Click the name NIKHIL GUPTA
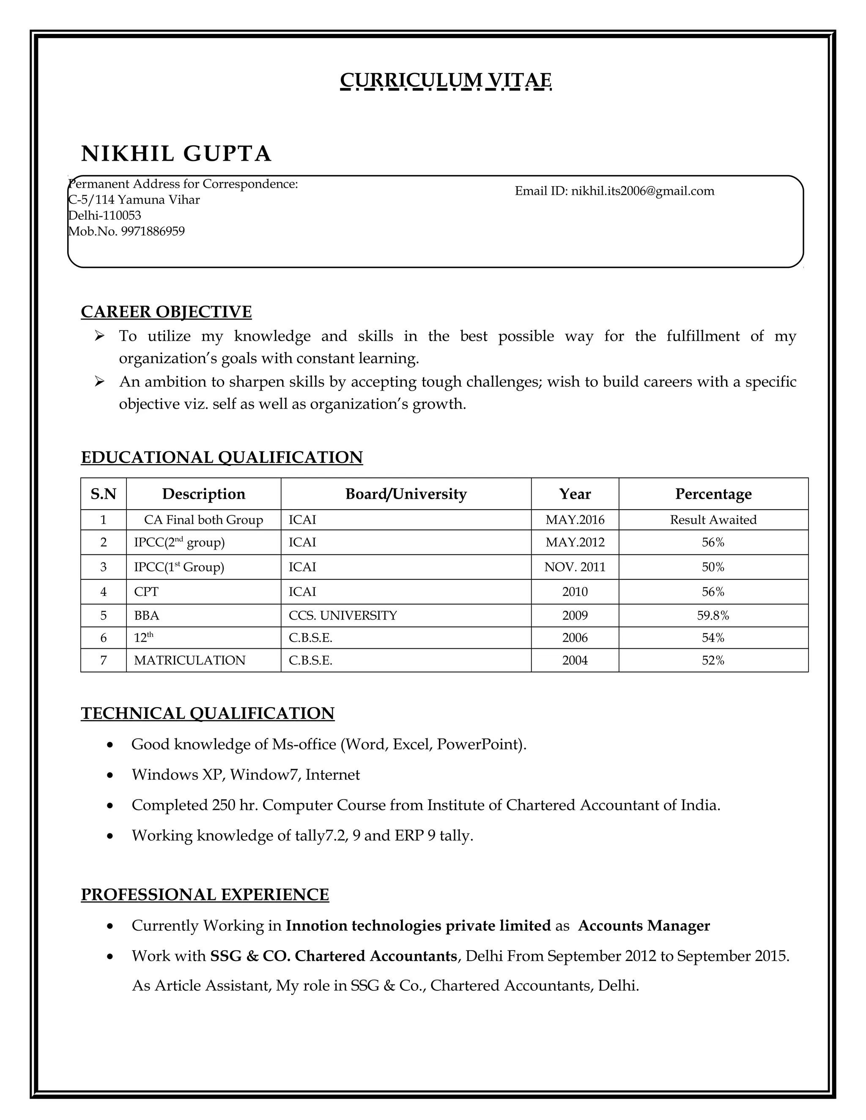click(x=176, y=153)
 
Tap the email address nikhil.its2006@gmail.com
click(x=642, y=191)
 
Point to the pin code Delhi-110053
click(x=105, y=216)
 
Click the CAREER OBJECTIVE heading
click(x=166, y=312)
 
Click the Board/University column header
click(x=406, y=494)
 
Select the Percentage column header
click(x=713, y=494)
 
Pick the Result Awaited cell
click(x=713, y=519)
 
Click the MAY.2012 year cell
click(x=575, y=542)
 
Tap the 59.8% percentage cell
click(x=713, y=615)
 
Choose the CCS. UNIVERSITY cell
click(x=343, y=615)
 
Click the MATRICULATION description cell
click(x=190, y=661)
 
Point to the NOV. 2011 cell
click(x=575, y=567)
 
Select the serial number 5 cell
click(x=104, y=615)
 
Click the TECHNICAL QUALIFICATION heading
click(x=208, y=713)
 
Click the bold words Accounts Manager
click(x=644, y=926)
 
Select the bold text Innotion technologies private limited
click(x=418, y=926)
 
